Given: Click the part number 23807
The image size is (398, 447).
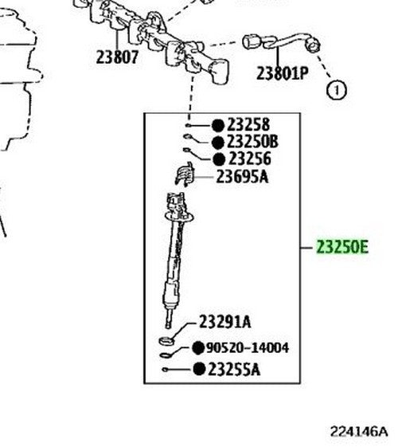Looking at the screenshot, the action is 117,57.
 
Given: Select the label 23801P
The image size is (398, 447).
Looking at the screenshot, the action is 283,73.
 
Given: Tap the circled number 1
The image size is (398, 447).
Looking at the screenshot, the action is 337,90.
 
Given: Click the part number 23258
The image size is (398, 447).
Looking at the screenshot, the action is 248,124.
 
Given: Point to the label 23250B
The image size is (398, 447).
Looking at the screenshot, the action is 252,142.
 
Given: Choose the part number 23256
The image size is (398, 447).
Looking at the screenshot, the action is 250,159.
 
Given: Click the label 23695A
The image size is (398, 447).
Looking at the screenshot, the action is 242,177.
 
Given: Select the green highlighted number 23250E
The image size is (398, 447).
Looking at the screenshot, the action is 342,247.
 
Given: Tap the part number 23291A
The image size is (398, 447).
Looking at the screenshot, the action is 225,322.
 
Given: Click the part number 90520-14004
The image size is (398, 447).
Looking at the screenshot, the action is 248,347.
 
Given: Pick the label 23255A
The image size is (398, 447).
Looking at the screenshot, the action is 234,370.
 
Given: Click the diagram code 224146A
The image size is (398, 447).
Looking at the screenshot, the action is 359,431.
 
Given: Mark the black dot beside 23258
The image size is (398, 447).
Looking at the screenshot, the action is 218,125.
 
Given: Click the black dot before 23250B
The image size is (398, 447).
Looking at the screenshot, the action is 218,143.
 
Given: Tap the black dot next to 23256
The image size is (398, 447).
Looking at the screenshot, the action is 219,159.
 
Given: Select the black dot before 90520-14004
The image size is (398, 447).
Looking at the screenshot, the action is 198,348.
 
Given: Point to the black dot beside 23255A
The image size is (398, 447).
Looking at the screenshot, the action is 199,369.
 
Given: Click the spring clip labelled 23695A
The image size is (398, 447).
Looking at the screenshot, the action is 185,174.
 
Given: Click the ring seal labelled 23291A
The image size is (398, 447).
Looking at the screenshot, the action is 166,341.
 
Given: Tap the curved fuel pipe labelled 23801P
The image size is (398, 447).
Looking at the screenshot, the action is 282,42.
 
